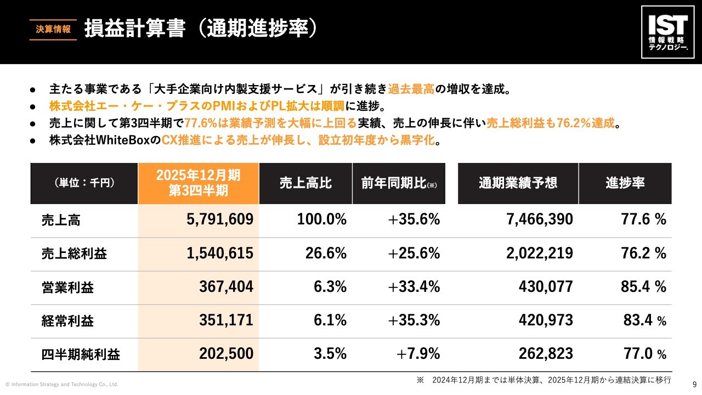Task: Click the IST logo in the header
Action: [667, 32]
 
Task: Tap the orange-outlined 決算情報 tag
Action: [53, 30]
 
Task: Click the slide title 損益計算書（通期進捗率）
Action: [201, 29]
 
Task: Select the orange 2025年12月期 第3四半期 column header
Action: [198, 183]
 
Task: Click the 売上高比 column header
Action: [305, 183]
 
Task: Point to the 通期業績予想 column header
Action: [518, 183]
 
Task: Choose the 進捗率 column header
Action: [625, 183]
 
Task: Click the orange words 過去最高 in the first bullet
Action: [411, 88]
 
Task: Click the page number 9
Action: [695, 384]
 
